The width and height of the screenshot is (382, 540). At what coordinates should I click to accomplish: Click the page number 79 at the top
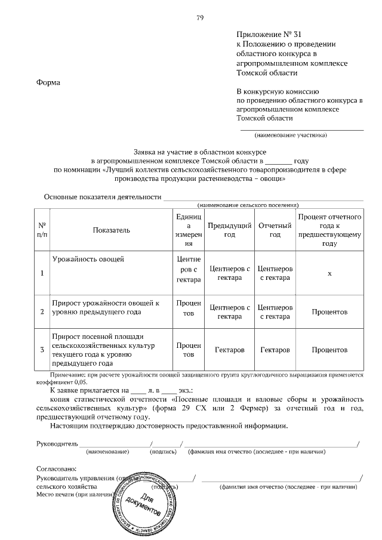(x=200, y=18)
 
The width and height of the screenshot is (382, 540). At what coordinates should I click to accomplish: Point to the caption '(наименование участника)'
(x=291, y=134)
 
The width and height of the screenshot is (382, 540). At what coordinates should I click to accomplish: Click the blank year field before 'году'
(x=278, y=161)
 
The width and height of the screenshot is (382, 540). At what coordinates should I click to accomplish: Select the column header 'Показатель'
(x=111, y=230)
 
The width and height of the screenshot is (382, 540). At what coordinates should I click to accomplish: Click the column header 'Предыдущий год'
(x=229, y=230)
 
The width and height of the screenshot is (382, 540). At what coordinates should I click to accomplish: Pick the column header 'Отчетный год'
(x=275, y=230)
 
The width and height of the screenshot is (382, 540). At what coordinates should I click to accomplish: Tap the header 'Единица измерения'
(x=189, y=230)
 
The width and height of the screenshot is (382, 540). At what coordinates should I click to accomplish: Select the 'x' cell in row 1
(x=329, y=273)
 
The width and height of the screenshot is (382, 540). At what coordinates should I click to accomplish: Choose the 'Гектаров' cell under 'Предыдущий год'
(x=229, y=349)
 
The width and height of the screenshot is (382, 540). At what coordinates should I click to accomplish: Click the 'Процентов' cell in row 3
(x=329, y=349)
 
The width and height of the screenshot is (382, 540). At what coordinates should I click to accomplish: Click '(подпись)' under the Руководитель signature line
(x=163, y=452)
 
